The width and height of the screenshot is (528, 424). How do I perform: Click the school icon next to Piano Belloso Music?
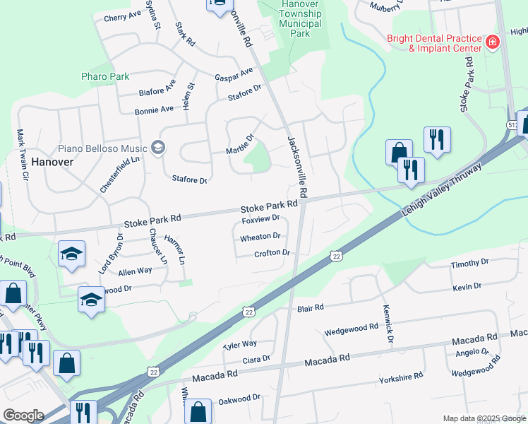pyautogui.click(x=157, y=148)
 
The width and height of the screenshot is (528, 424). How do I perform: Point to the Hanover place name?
pyautogui.click(x=52, y=161)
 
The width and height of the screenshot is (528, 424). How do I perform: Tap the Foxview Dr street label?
pyautogui.click(x=261, y=220)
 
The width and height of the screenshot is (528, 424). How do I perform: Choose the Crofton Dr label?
pyautogui.click(x=272, y=253)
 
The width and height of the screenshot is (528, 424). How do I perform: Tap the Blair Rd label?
pyautogui.click(x=310, y=308)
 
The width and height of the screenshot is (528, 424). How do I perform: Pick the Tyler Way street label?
pyautogui.click(x=240, y=344)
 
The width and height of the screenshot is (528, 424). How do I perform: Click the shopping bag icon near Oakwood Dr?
pyautogui.click(x=199, y=411)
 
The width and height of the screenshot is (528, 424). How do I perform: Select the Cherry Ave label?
pyautogui.click(x=122, y=16)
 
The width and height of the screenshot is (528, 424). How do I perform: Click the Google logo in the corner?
pyautogui.click(x=23, y=416)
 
